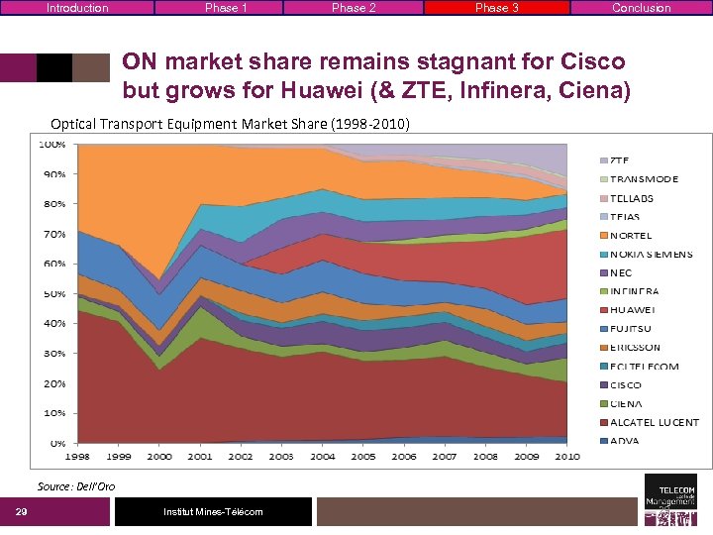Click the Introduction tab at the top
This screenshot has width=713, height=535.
point(77,8)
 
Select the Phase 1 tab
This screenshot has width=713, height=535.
point(226,8)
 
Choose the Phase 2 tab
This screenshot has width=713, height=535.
point(354,8)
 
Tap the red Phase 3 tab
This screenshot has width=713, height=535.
point(496,8)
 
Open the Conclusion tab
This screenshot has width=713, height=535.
point(641,8)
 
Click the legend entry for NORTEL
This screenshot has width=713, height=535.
point(631,236)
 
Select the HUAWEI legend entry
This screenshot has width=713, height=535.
point(632,310)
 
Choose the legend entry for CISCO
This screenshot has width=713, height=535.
point(625,384)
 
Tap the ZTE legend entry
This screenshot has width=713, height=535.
point(619,160)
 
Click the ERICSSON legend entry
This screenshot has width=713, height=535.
point(635,348)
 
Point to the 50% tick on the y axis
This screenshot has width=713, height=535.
point(52,293)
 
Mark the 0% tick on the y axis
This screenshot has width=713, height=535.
point(57,443)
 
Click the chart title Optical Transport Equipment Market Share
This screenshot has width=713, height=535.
point(230,124)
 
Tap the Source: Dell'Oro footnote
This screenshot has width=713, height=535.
point(76,486)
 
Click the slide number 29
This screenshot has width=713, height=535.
point(21,511)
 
